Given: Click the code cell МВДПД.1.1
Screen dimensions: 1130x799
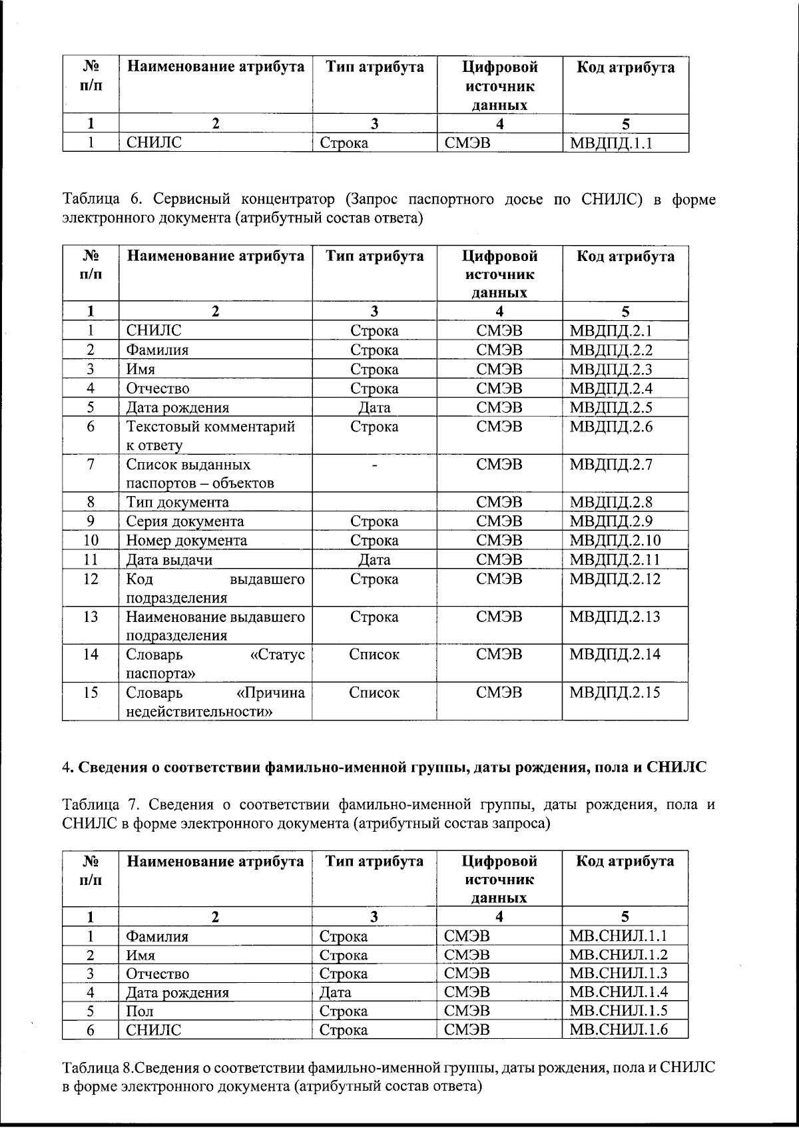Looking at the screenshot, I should click(x=611, y=142).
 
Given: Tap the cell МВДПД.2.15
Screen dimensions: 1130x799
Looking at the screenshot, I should click(x=615, y=693).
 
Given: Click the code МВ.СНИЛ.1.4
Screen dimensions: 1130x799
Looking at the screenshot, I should click(x=618, y=992).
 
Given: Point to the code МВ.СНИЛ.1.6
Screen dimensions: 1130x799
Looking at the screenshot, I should click(x=618, y=1029).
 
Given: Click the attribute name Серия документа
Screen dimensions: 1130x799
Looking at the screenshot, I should click(x=185, y=521).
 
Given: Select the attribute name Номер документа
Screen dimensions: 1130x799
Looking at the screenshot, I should click(x=186, y=541).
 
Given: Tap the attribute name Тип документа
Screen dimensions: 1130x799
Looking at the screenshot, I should click(x=178, y=503).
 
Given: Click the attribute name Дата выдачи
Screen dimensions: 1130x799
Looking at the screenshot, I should click(x=169, y=560).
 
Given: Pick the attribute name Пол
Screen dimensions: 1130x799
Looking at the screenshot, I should click(x=140, y=1011).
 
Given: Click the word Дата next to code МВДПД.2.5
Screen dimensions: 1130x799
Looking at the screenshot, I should click(x=374, y=408).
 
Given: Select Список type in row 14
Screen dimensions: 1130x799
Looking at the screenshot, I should click(x=374, y=655).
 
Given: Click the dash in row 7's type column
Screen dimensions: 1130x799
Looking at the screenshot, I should click(x=374, y=465).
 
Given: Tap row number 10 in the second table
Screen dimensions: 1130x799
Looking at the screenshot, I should click(x=91, y=541).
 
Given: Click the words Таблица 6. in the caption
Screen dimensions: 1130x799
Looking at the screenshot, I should click(x=100, y=199).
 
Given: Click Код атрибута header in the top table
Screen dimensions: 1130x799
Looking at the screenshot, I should click(x=625, y=67).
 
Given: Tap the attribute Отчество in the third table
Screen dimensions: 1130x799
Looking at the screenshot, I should click(x=158, y=974).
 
